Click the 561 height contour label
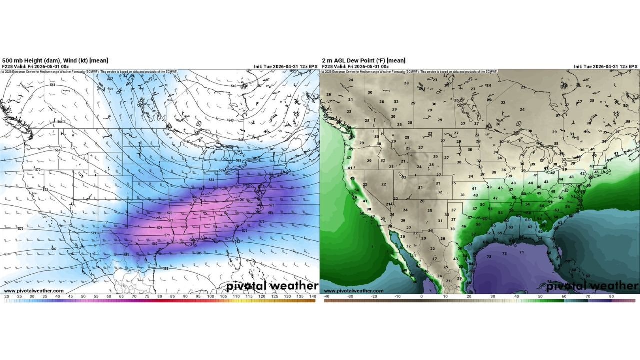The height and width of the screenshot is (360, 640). [x=53, y=85]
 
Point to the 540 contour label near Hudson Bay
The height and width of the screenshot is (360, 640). [x=233, y=86]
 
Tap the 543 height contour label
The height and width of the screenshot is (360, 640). [x=231, y=120]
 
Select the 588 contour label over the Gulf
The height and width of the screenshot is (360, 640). [x=166, y=269]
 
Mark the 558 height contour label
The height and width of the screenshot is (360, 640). [x=211, y=180]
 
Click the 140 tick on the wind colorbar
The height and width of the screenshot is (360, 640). [x=313, y=296]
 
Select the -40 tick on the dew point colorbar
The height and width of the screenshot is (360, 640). [x=326, y=296]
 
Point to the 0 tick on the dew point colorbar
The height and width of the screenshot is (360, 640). [x=421, y=296]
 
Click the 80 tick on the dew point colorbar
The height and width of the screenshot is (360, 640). [x=611, y=296]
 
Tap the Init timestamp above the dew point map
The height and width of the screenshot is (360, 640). [x=605, y=66]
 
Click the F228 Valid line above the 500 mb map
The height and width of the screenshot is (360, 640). [x=36, y=66]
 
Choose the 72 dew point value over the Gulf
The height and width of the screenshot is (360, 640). [x=504, y=253]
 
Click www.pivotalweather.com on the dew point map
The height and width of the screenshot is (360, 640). [x=354, y=291]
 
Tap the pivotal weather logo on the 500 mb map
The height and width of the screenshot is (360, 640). [x=272, y=286]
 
